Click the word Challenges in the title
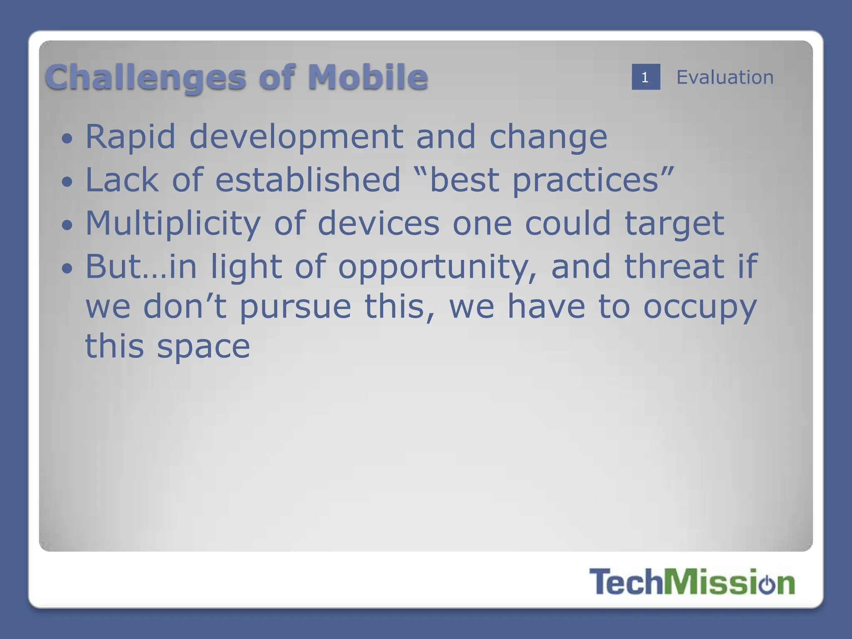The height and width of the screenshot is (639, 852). point(146,78)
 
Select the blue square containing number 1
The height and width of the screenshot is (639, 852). point(645,77)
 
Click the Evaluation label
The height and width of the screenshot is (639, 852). point(725,77)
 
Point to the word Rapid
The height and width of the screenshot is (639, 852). point(130,137)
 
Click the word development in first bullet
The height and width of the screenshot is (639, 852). point(296,137)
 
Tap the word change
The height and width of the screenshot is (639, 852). point(548,138)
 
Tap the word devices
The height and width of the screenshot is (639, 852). point(378,223)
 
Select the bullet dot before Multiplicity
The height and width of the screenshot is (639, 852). point(67,225)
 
